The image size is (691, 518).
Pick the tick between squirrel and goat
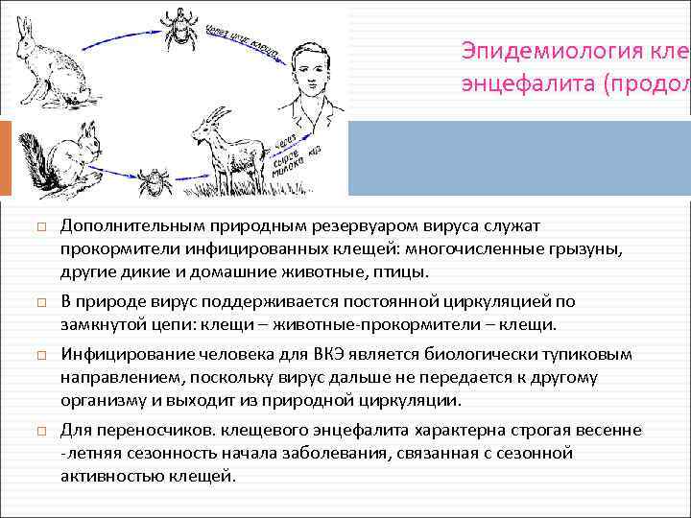click(x=151, y=180)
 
